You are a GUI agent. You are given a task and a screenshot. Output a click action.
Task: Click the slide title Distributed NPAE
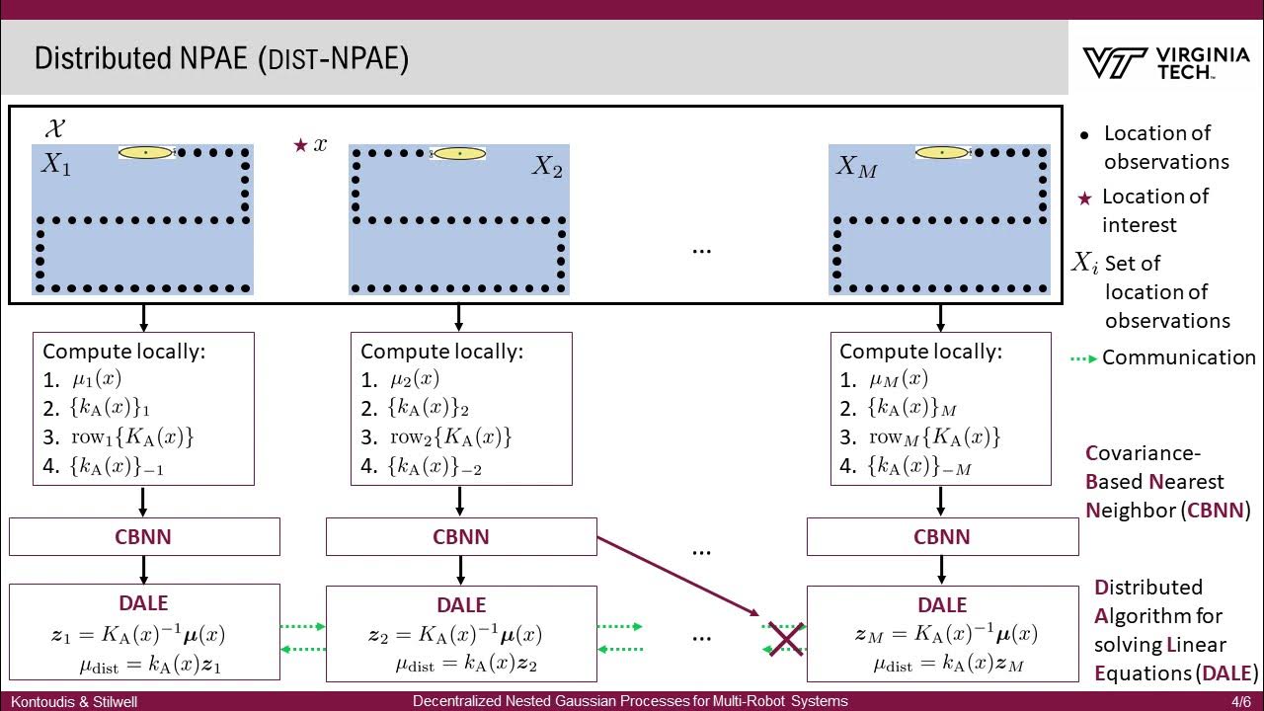pos(221,58)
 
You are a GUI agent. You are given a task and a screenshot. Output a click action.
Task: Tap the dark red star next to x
pos(300,145)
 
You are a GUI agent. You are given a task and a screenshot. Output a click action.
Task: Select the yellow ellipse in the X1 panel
pos(145,153)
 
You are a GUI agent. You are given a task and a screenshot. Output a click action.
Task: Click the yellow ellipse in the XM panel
pos(941,153)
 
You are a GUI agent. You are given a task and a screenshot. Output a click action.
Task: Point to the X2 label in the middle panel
pos(547,167)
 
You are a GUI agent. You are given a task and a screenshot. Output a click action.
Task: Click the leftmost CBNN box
pos(144,537)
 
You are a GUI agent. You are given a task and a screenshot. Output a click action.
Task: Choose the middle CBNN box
pos(461,537)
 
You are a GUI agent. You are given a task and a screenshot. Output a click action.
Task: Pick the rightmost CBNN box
pos(942,537)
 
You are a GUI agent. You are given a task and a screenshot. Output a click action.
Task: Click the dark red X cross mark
pos(785,638)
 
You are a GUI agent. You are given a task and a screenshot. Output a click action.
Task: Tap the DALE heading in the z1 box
pos(144,603)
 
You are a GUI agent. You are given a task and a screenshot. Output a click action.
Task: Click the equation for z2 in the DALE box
pos(461,635)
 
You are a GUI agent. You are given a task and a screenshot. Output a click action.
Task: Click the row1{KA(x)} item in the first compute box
pos(131,436)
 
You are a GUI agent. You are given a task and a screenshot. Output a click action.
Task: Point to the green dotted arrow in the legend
pos(1083,358)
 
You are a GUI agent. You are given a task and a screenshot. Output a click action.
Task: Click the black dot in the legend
pos(1085,134)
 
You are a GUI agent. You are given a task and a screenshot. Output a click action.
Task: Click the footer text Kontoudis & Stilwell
pos(74,702)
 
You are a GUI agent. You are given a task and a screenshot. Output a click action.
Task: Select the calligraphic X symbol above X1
pos(55,128)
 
